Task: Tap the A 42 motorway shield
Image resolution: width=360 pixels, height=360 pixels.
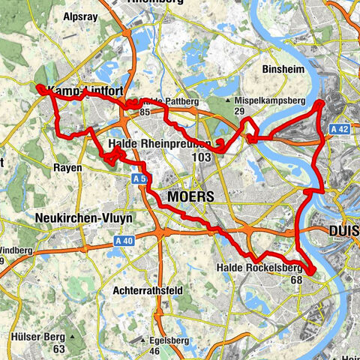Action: (x=341, y=129)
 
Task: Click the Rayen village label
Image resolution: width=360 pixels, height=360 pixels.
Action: (x=67, y=168)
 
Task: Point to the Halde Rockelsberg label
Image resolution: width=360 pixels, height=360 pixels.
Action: (x=259, y=268)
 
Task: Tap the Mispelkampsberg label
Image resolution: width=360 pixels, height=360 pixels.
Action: (x=268, y=99)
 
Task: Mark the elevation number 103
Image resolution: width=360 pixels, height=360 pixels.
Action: (x=202, y=157)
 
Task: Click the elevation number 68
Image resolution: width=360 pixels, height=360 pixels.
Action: (x=295, y=280)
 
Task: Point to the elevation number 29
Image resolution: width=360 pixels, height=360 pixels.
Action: (x=240, y=111)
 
